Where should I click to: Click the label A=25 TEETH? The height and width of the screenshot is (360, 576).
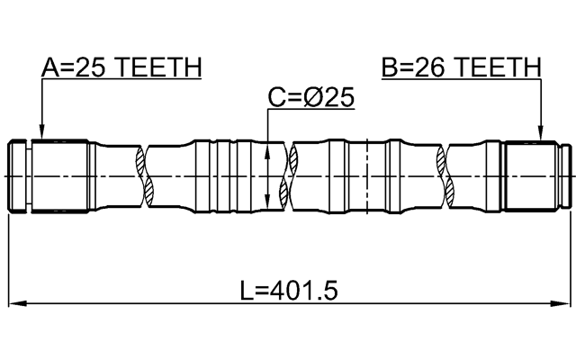coord(122,67)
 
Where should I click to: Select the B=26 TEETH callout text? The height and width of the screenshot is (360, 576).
coord(461,67)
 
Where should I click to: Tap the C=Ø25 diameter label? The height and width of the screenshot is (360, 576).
coord(311,97)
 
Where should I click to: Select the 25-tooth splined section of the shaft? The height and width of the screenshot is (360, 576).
coord(59,175)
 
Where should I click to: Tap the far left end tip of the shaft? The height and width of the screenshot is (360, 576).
coord(9,175)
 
